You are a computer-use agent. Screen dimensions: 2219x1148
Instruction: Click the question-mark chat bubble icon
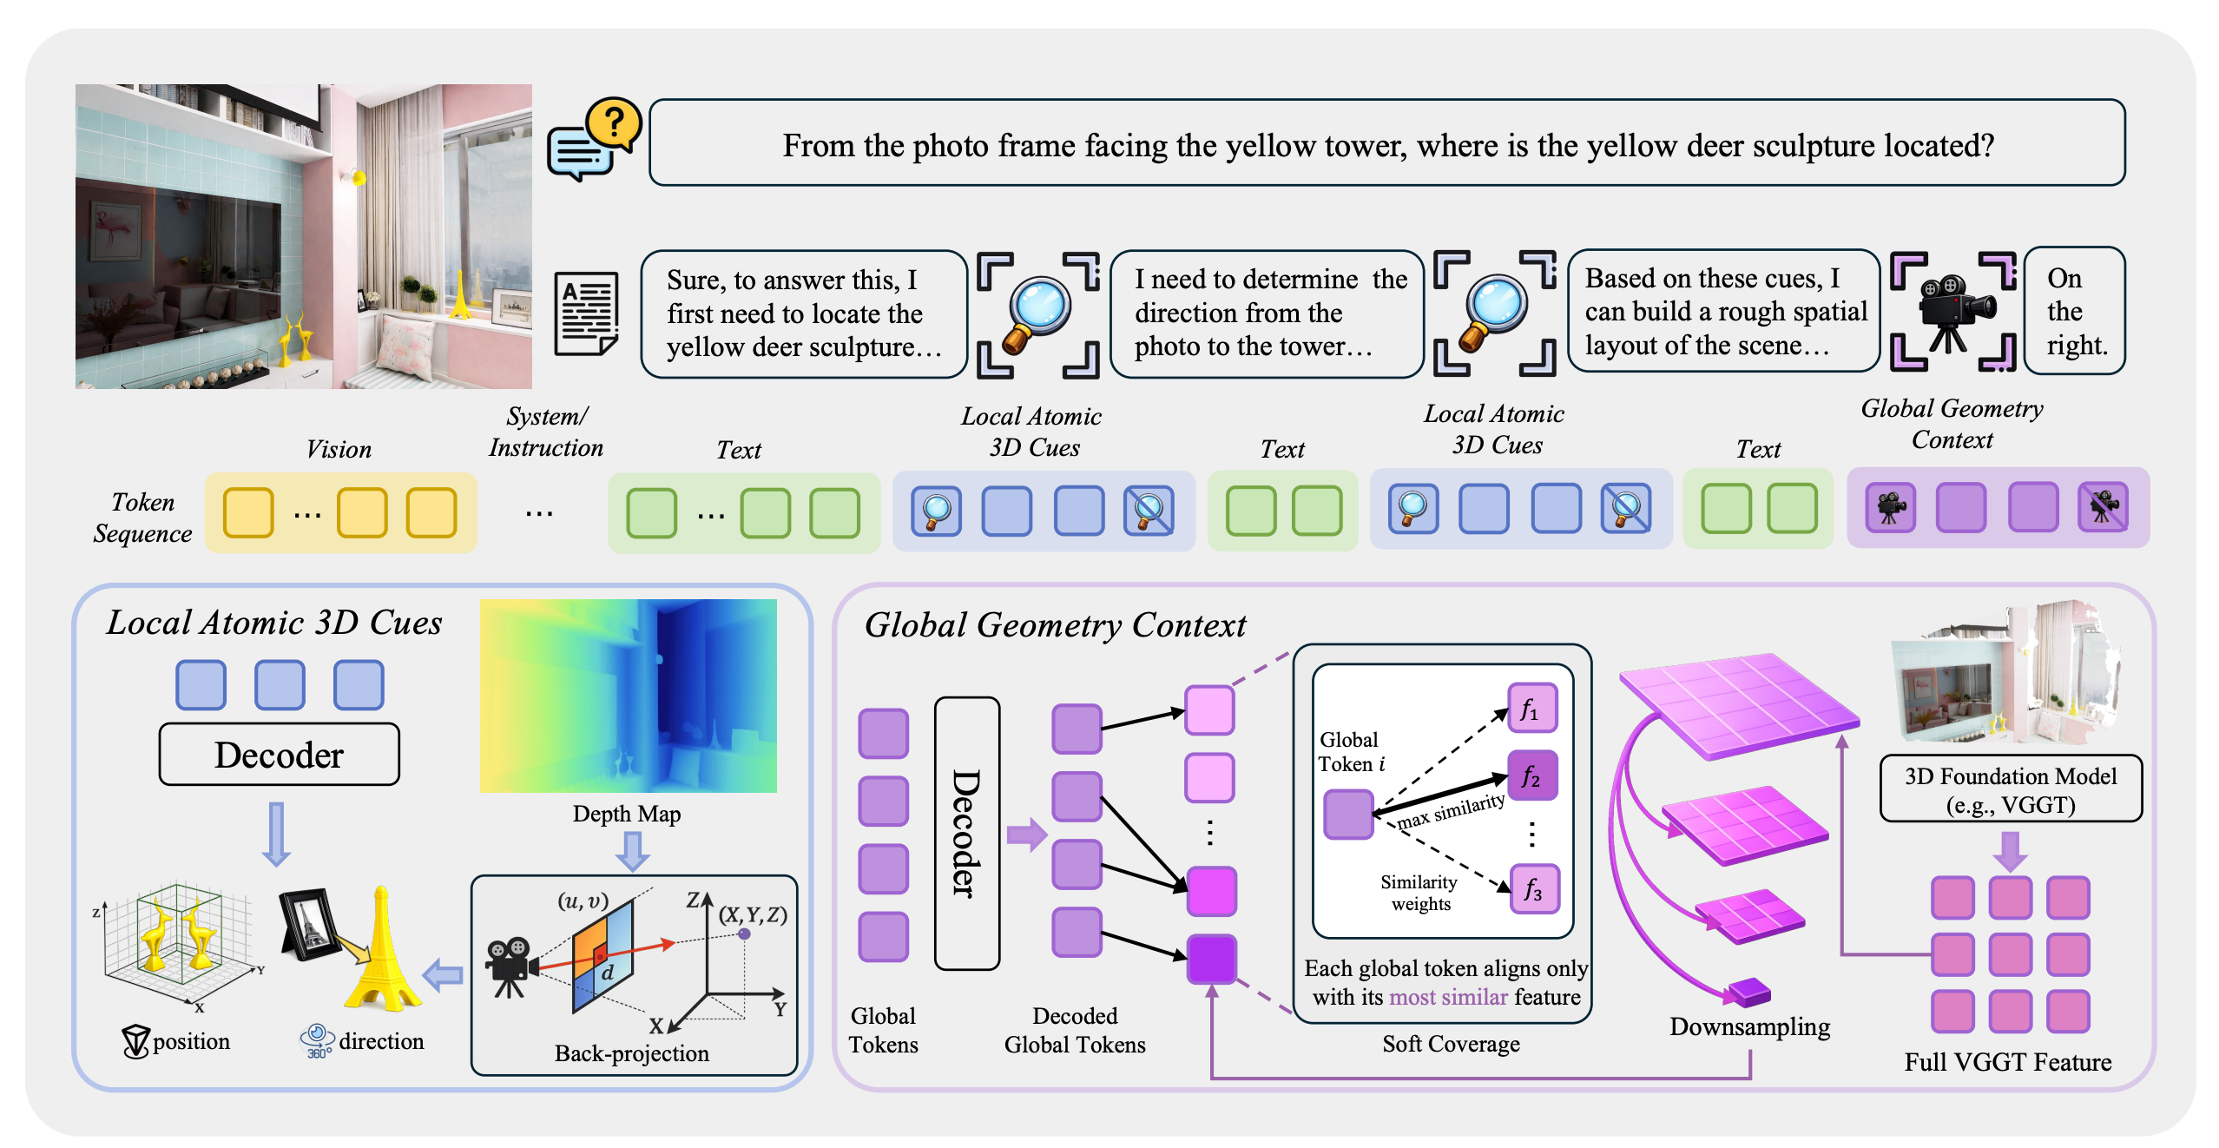pyautogui.click(x=595, y=139)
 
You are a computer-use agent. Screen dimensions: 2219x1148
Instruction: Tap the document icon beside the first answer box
pyautogui.click(x=587, y=313)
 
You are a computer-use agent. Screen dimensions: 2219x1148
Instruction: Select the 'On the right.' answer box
pyautogui.click(x=2075, y=311)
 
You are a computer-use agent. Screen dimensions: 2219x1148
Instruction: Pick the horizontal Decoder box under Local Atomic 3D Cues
pyautogui.click(x=279, y=754)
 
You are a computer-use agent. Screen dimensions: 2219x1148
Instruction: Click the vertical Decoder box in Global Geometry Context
pyautogui.click(x=967, y=833)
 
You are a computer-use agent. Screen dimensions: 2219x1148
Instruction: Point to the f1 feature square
pyautogui.click(x=1532, y=709)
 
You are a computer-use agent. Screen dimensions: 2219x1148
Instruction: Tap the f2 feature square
pyautogui.click(x=1532, y=775)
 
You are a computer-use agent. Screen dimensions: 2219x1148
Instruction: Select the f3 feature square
pyautogui.click(x=1535, y=889)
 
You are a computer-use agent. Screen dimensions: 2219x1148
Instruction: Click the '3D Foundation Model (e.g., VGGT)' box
pyautogui.click(x=2011, y=788)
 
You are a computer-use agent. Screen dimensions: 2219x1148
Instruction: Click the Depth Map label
pyautogui.click(x=627, y=814)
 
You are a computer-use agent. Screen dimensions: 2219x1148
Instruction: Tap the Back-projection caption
pyautogui.click(x=632, y=1053)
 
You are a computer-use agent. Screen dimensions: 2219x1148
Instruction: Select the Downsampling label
pyautogui.click(x=1749, y=1027)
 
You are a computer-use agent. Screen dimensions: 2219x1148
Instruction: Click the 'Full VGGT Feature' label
pyautogui.click(x=2008, y=1062)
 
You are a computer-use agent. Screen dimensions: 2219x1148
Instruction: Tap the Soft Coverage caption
pyautogui.click(x=1451, y=1044)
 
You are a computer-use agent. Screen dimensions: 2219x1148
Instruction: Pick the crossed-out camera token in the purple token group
pyautogui.click(x=2103, y=507)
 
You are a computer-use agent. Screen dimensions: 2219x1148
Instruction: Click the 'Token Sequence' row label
pyautogui.click(x=142, y=518)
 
